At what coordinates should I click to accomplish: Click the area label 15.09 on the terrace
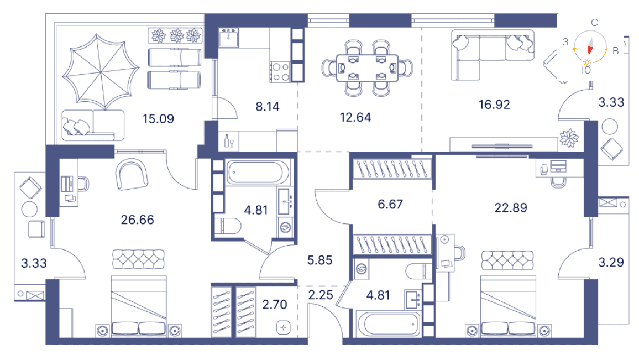pyautogui.click(x=158, y=118)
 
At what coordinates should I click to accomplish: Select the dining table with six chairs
pyautogui.click(x=367, y=67)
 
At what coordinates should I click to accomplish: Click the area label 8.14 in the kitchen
pyautogui.click(x=268, y=106)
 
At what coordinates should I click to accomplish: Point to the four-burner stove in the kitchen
pyautogui.click(x=280, y=71)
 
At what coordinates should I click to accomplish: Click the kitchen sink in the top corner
pyautogui.click(x=229, y=38)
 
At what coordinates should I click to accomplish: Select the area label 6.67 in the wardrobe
pyautogui.click(x=391, y=204)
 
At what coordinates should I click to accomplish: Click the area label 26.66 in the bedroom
pyautogui.click(x=137, y=220)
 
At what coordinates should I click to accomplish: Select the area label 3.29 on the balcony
pyautogui.click(x=611, y=262)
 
